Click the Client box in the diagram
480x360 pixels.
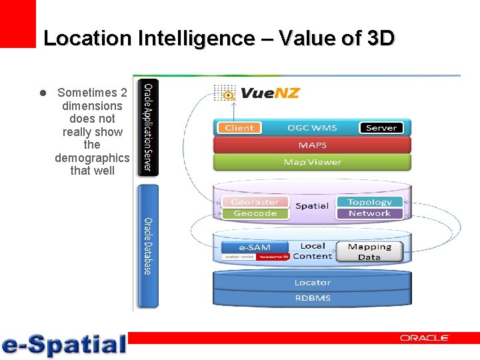coord(239,128)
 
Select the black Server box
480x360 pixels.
coord(381,128)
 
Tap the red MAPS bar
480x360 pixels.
coord(312,145)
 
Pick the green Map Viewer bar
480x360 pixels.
coord(312,162)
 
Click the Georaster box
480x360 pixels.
coord(255,202)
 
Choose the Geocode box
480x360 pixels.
coord(255,213)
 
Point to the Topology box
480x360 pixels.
coord(369,202)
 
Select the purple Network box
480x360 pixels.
coord(369,213)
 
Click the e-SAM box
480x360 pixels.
coord(255,247)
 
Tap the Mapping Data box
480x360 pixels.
coord(369,251)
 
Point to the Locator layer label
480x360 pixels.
coord(312,283)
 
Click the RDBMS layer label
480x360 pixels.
coord(312,298)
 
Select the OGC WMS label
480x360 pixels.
coord(312,128)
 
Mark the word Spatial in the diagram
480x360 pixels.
coord(312,206)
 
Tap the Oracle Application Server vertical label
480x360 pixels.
coord(148,126)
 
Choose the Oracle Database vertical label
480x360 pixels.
coord(148,245)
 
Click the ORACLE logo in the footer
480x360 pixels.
coord(424,338)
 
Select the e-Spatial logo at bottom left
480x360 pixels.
coord(64,345)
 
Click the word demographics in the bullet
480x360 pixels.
coord(92,158)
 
